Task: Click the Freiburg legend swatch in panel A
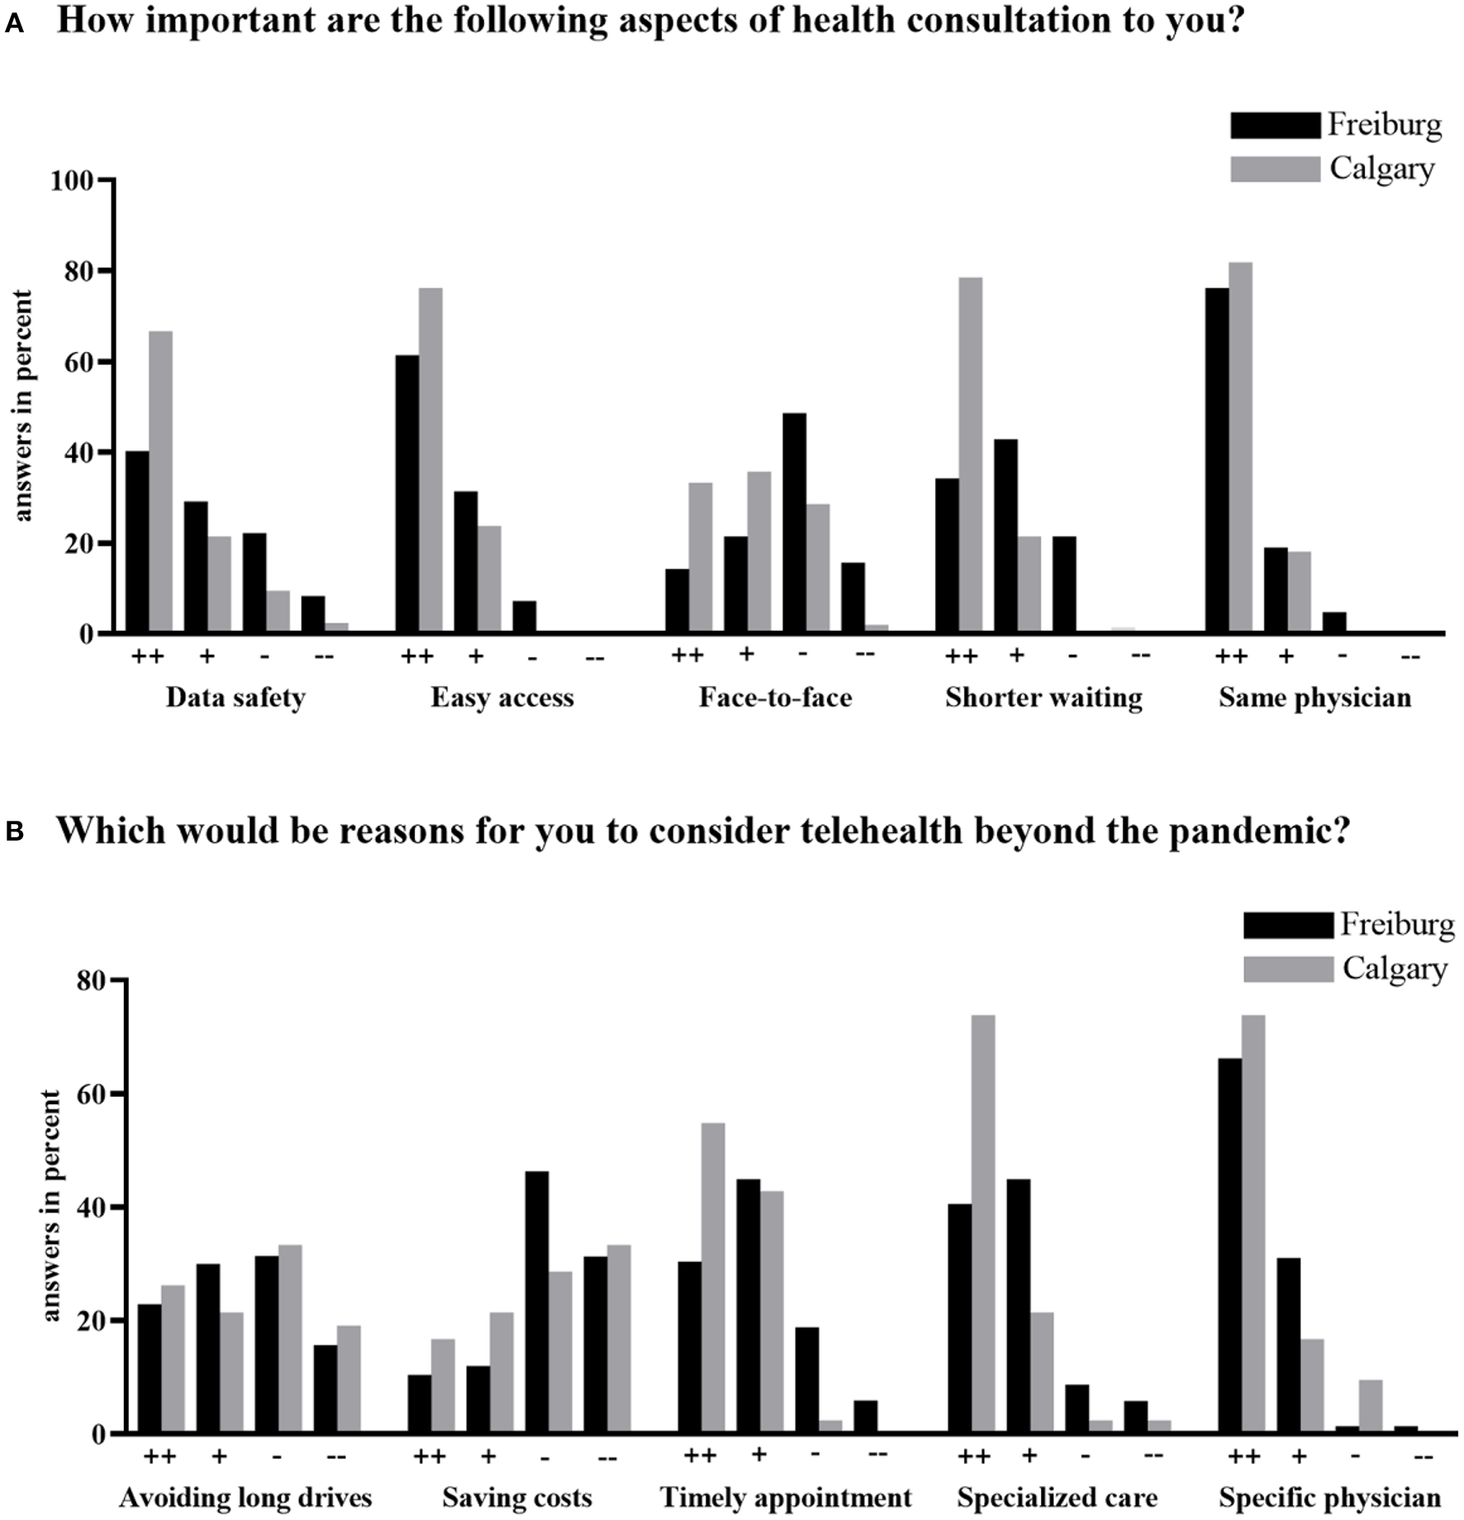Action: (x=1274, y=126)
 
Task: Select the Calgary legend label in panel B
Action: (x=1395, y=969)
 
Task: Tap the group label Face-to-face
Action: (x=775, y=698)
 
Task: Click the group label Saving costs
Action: (x=516, y=1498)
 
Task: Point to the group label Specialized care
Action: (x=1057, y=1498)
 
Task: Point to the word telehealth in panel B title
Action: (x=881, y=831)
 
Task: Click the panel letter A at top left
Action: (x=14, y=25)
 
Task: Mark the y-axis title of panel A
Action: (x=22, y=406)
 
